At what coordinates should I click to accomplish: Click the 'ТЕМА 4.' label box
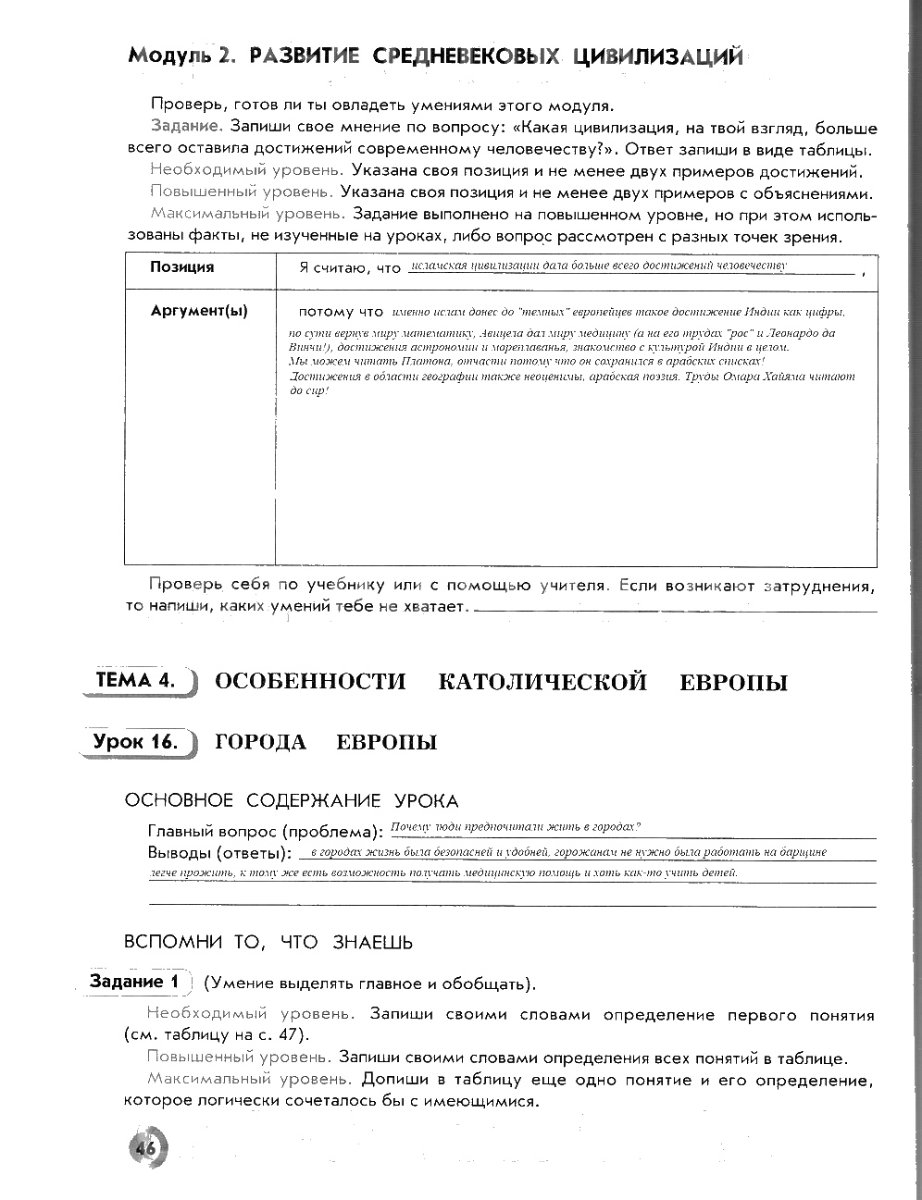point(136,681)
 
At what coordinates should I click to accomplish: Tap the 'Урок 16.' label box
point(136,741)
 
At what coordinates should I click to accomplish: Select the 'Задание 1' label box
point(132,982)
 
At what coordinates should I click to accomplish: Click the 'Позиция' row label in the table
point(182,267)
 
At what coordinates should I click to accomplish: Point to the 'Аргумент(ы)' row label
point(199,312)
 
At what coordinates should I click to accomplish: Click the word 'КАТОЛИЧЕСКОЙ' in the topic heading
point(542,683)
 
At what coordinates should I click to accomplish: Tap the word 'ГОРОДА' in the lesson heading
point(260,742)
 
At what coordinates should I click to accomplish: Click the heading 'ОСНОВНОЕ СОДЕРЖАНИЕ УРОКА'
point(292,800)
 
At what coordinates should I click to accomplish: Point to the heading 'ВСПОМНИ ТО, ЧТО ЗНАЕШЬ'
point(268,942)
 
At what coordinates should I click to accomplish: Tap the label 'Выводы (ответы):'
point(219,852)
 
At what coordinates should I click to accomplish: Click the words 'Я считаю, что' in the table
point(350,268)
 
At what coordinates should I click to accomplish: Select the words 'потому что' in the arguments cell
point(341,312)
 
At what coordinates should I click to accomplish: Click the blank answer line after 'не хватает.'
point(676,610)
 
